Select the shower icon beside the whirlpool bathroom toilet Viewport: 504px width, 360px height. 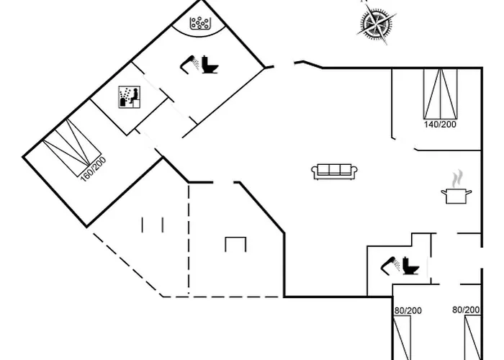189,63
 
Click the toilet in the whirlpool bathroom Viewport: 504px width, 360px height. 210,66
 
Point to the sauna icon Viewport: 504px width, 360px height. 128,98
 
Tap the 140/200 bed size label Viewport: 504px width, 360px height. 440,125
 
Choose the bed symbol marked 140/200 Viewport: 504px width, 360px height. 440,94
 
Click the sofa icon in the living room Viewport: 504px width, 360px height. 335,171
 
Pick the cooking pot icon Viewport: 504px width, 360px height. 455,195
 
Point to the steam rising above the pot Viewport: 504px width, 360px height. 455,178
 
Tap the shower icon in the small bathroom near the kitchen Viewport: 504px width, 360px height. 390,264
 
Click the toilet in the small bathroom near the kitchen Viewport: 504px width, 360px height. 412,266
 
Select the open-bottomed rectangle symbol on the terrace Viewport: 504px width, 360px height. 235,244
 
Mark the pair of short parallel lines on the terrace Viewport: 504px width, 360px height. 153,225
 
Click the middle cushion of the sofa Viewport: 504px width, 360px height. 335,171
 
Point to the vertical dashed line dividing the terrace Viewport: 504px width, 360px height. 189,238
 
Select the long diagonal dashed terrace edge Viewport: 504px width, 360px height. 126,262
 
